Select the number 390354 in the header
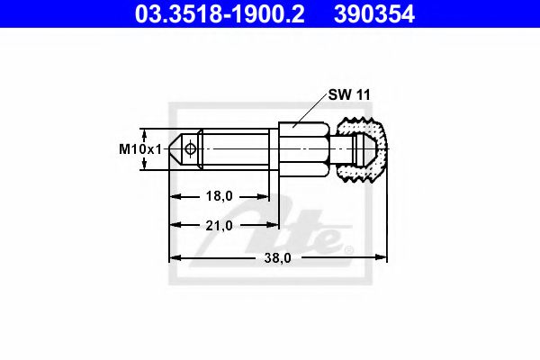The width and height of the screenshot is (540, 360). click(x=390, y=14)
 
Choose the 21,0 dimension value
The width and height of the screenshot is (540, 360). click(x=220, y=225)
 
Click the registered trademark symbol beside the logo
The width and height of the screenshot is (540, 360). click(x=349, y=249)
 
